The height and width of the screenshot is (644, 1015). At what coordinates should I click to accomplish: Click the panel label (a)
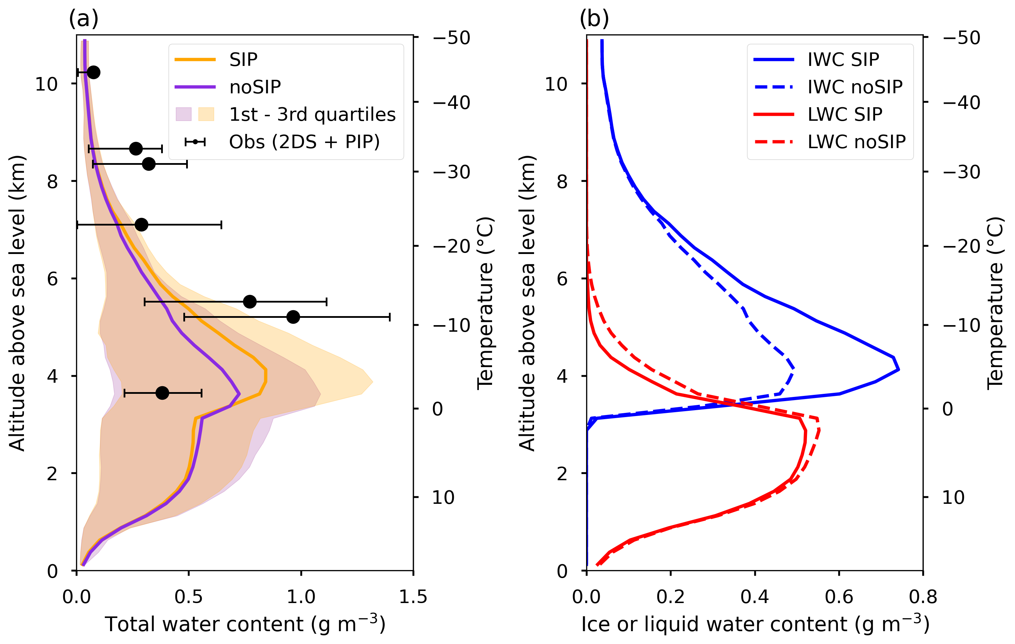[x=83, y=19]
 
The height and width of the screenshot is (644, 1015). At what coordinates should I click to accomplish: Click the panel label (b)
[x=594, y=19]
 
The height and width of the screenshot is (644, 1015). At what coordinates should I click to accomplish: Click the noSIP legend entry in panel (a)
[x=255, y=87]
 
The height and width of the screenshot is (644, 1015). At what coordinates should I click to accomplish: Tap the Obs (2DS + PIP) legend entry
[x=304, y=142]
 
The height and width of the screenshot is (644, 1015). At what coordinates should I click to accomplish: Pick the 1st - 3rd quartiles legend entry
[x=312, y=115]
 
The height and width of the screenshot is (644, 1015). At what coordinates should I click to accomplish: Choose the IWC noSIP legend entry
[x=855, y=87]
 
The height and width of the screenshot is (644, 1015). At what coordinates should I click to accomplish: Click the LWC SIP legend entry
[x=845, y=115]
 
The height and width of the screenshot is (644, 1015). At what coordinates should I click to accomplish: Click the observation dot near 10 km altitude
[x=93, y=73]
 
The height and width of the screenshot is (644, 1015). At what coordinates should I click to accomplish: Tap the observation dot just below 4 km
[x=162, y=393]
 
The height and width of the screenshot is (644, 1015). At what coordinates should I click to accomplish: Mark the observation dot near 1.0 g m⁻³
[x=293, y=317]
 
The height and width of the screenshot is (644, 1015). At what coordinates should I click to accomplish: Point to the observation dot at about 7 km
[x=142, y=224]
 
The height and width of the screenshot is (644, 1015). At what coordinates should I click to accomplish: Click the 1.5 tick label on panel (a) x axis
[x=413, y=597]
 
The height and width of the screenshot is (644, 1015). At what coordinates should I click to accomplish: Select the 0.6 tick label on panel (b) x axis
[x=839, y=597]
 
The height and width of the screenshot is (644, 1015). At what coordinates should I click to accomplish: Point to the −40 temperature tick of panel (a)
[x=451, y=103]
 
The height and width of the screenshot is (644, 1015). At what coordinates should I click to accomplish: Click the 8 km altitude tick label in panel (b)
[x=562, y=181]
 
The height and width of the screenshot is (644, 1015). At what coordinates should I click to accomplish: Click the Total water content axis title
[x=245, y=624]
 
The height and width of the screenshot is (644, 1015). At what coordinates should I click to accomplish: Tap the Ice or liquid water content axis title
[x=755, y=624]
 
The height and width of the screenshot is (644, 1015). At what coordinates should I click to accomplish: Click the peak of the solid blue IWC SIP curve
[x=899, y=370]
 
